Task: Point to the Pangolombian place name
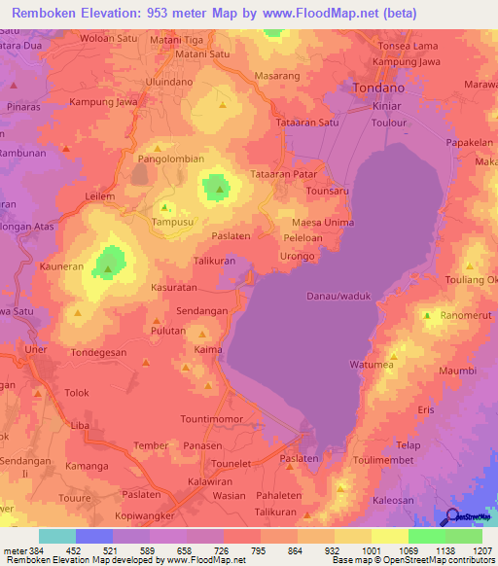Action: (171, 158)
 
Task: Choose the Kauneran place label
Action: (62, 265)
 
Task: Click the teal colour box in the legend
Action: (56, 536)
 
